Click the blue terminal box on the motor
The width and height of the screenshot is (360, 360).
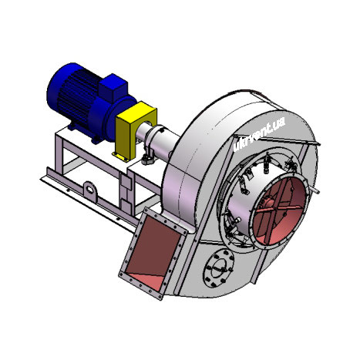tap(113, 87)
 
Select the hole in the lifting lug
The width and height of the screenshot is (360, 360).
tap(89, 190)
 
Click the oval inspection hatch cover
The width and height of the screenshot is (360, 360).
tap(219, 268)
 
